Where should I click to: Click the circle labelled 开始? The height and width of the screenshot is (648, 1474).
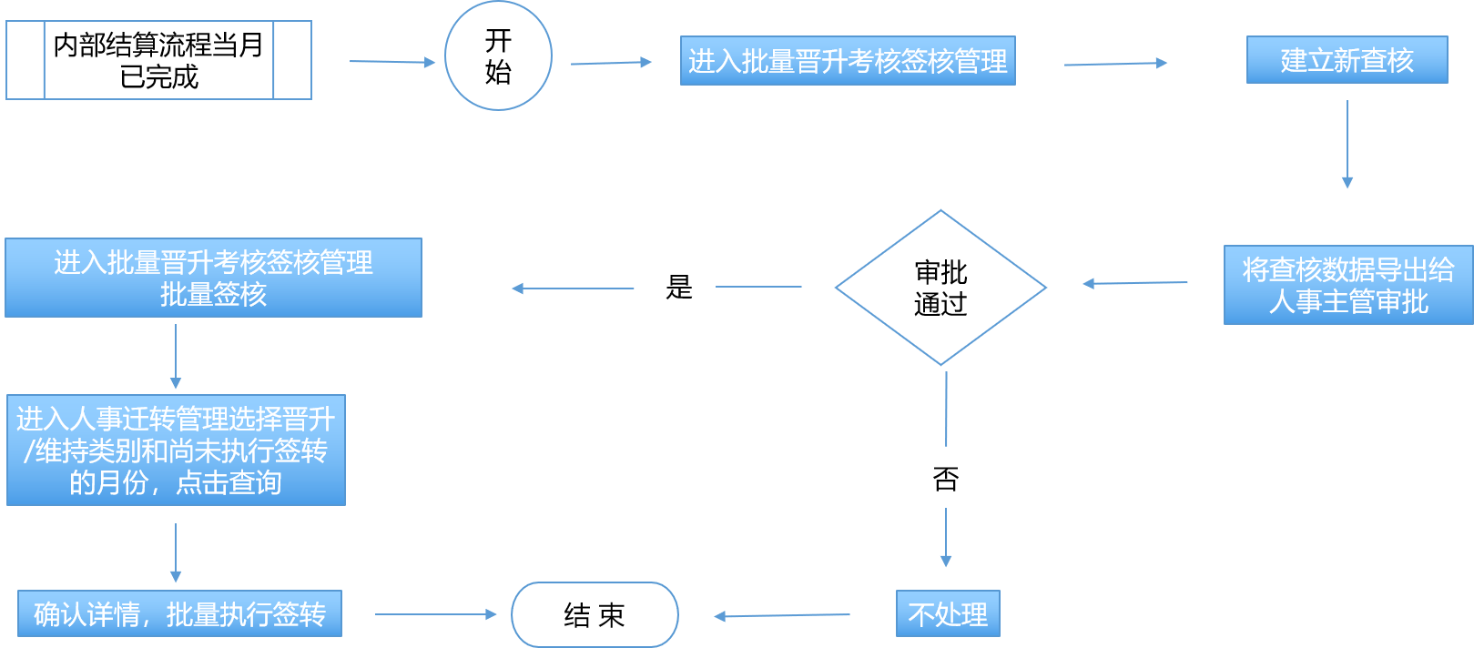(x=498, y=56)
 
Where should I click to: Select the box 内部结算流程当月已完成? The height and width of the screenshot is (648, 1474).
(x=158, y=60)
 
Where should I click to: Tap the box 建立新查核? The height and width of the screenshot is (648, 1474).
(x=1347, y=60)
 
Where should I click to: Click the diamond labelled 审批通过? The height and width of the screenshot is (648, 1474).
(x=940, y=288)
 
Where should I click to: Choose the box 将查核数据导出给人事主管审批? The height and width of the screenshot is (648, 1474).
(x=1347, y=285)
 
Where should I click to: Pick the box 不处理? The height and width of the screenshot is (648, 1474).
(x=948, y=614)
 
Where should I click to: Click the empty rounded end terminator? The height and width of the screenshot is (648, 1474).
(x=595, y=614)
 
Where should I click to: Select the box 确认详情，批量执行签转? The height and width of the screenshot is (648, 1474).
(x=179, y=614)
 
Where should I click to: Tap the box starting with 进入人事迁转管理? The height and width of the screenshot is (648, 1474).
(x=176, y=451)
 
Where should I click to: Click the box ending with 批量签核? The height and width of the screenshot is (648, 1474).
(x=213, y=278)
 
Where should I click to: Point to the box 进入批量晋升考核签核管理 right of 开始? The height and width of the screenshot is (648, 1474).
(x=848, y=61)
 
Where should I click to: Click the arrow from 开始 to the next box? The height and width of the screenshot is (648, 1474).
(x=611, y=63)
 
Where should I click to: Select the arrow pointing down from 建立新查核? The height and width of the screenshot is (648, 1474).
(x=1347, y=144)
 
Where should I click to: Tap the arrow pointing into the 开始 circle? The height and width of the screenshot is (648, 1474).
(x=392, y=62)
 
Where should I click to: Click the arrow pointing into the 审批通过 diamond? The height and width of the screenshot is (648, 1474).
(x=1134, y=283)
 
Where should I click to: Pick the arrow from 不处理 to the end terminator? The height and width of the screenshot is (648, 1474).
(x=782, y=616)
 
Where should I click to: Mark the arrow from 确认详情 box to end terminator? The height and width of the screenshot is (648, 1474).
(x=435, y=614)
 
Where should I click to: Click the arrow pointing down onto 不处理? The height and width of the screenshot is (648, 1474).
(x=946, y=537)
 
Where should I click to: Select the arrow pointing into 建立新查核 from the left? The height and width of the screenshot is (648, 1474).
(x=1115, y=64)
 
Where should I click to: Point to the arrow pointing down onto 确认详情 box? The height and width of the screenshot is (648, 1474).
(x=176, y=552)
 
